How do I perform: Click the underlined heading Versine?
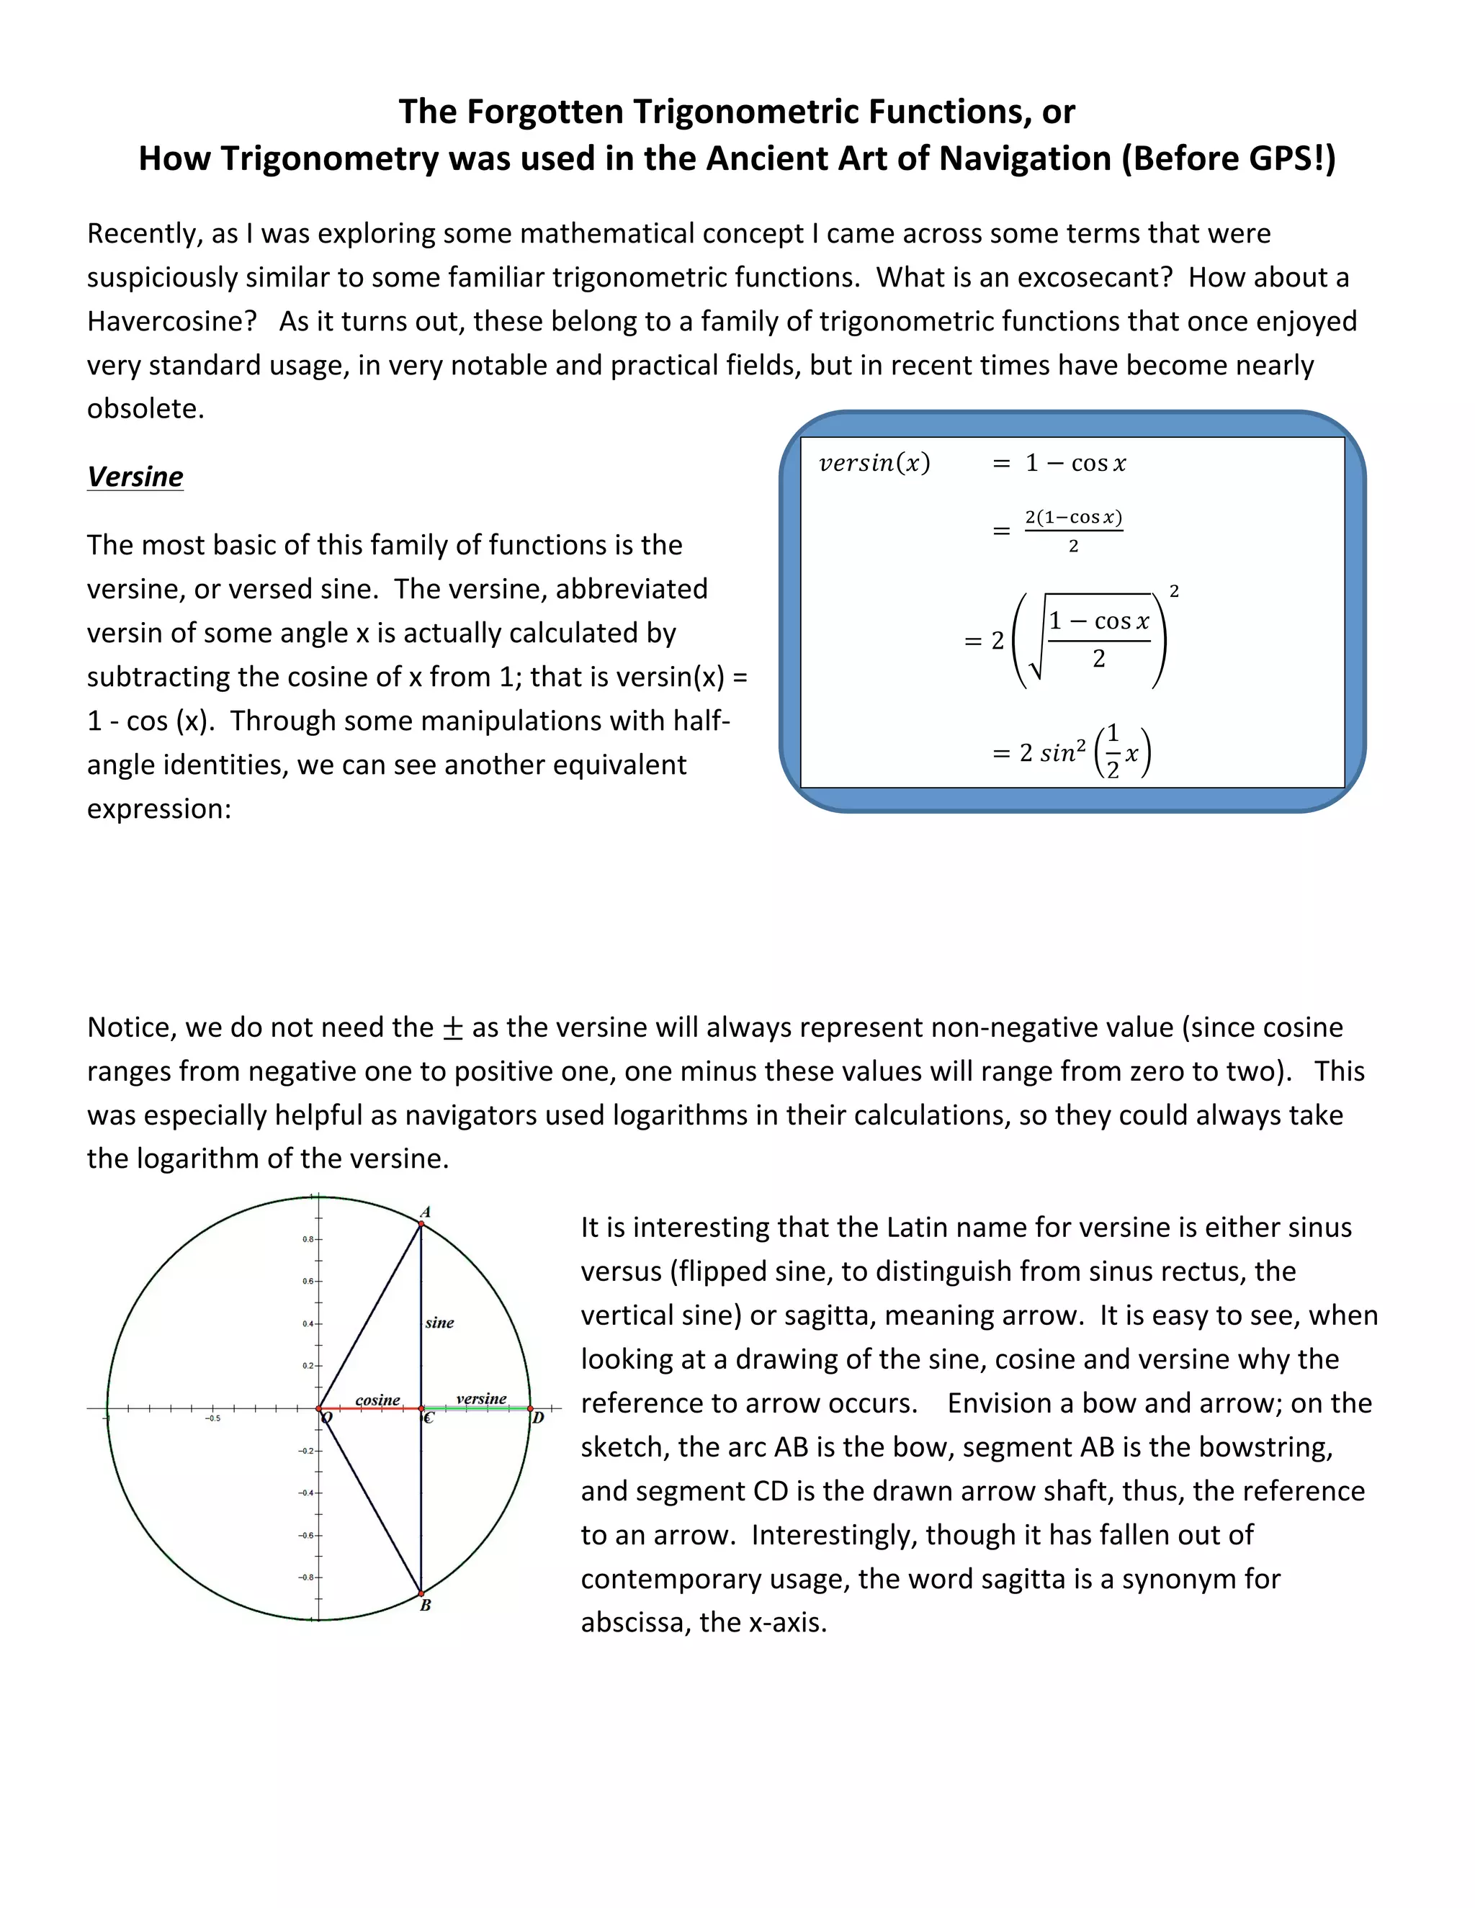coord(135,477)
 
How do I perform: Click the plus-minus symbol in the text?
coord(452,1028)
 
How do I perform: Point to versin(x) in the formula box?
coord(874,463)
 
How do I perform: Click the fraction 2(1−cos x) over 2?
coord(1073,531)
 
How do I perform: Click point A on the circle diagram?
coord(421,1224)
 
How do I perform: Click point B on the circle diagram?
coord(421,1593)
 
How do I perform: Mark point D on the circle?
coord(530,1408)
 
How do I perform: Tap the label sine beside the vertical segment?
coord(439,1323)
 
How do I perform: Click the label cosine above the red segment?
coord(377,1400)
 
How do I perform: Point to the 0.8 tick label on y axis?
coord(308,1239)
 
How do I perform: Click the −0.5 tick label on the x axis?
coord(212,1419)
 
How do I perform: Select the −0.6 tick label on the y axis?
coord(306,1535)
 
